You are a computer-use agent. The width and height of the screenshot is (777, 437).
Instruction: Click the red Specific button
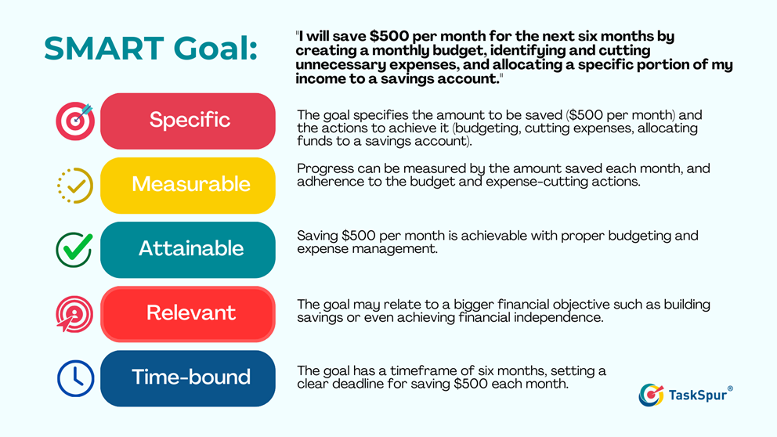point(188,121)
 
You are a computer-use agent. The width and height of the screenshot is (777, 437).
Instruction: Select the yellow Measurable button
point(188,185)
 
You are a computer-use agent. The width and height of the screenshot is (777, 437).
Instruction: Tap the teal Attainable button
point(188,249)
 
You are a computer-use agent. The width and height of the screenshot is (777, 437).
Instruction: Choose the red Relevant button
point(188,313)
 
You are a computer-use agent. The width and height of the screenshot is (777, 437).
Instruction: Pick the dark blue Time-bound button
point(188,377)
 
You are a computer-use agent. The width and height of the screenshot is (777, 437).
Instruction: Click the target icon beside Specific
point(74,121)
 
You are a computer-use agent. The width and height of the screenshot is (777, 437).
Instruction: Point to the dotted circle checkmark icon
point(75,186)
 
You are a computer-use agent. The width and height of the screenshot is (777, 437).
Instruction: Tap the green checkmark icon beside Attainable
point(74,250)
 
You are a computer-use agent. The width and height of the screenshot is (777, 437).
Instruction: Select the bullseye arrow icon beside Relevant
point(74,314)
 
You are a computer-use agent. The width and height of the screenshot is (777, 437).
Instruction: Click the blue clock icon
point(75,378)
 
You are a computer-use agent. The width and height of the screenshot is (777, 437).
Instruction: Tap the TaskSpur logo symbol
point(651,395)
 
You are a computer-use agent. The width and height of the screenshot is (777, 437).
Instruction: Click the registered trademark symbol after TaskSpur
point(731,388)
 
